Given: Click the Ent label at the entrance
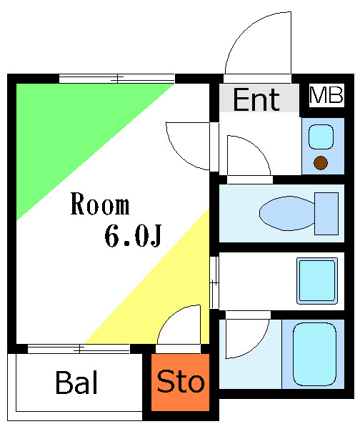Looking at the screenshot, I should (256, 99).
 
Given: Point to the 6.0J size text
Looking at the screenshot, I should (131, 237).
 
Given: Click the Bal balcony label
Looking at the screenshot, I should (76, 383).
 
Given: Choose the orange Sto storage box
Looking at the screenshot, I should (181, 383).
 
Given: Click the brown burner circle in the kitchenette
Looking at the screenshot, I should (321, 163).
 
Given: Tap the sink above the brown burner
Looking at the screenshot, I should (321, 136).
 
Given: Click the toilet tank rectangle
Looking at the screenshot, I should (326, 213).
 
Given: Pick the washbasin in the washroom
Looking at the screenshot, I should (316, 281).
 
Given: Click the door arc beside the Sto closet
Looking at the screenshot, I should (179, 325).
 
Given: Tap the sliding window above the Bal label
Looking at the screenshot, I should (79, 349).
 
